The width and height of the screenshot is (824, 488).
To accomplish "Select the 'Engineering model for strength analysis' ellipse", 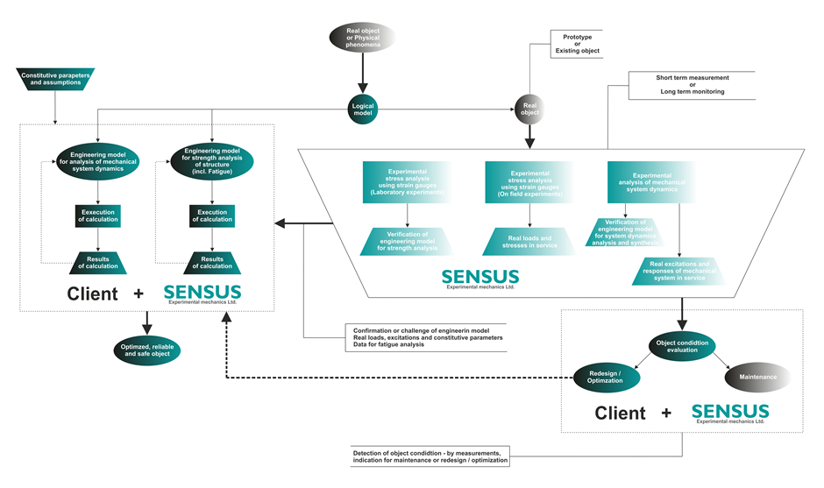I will tap(210, 162).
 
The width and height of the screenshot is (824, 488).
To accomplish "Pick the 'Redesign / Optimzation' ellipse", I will tap(606, 378).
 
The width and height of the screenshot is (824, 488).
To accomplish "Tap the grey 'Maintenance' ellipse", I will tap(758, 378).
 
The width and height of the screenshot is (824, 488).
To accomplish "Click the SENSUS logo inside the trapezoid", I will tap(480, 279).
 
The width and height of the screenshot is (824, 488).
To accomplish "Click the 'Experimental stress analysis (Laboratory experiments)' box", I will tap(407, 182).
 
